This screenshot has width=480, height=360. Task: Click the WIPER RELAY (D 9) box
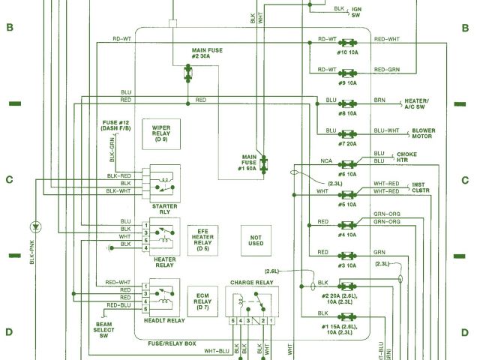tap(161, 133)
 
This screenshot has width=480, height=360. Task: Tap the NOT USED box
tap(256, 239)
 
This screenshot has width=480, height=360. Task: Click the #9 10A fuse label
tap(347, 82)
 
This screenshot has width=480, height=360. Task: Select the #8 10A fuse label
tap(347, 113)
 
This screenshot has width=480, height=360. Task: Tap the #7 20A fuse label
tap(347, 143)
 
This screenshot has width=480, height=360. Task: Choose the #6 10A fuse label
tap(347, 173)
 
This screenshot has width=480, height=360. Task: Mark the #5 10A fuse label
tap(347, 204)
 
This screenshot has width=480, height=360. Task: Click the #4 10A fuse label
tap(347, 235)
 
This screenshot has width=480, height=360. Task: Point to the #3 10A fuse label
tap(347, 265)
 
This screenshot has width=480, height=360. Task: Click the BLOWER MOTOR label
tap(423, 134)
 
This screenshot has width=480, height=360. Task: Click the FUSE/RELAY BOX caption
tap(172, 343)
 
